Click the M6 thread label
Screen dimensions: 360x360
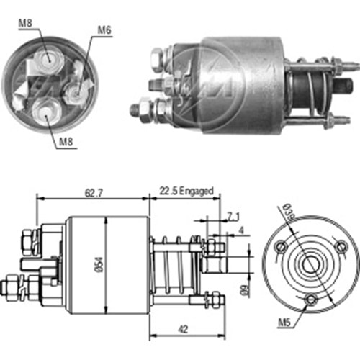104,30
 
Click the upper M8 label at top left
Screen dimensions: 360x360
25,23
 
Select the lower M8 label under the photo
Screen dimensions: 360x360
66,142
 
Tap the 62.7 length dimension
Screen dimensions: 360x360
94,193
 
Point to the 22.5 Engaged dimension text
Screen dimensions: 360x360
186,191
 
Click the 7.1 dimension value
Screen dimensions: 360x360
233,217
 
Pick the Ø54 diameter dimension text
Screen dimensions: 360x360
99,265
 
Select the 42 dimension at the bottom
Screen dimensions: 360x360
183,329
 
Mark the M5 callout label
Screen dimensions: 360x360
284,323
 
